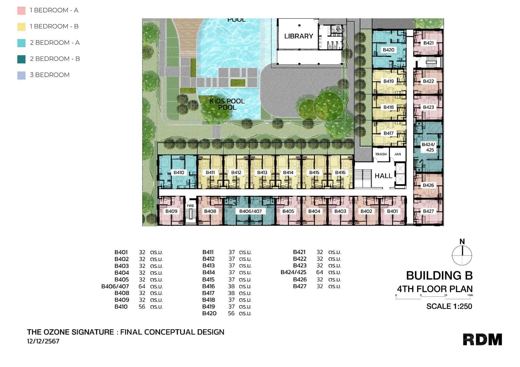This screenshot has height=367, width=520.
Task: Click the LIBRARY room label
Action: tap(298, 36)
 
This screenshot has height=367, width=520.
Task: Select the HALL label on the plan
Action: tap(383, 176)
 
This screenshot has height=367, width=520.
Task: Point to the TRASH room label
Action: tap(381, 154)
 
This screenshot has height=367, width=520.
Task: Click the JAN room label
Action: tap(398, 154)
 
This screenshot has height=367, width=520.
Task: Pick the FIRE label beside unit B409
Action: tap(190, 206)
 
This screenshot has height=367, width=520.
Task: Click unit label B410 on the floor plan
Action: tap(179, 172)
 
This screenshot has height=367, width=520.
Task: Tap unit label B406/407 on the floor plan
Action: tap(251, 211)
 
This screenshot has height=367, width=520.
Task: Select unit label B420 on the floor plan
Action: tap(388, 50)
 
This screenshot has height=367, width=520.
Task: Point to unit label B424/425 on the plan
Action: tap(428, 147)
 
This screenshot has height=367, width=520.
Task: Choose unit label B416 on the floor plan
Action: tap(340, 172)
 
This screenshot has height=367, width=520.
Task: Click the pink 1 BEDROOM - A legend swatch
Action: tap(21, 11)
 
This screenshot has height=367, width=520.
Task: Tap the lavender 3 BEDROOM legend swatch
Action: tap(21, 75)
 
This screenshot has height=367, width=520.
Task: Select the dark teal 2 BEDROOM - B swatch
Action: tap(21, 59)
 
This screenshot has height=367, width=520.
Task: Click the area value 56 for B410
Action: tap(142, 307)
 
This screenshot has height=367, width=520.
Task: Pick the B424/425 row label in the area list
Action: tap(293, 272)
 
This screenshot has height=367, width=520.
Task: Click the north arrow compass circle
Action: tap(462, 255)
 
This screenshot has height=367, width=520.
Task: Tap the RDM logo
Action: tap(482, 340)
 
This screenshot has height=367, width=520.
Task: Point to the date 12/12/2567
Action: tap(43, 341)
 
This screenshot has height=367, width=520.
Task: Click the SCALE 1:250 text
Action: tap(449, 306)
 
